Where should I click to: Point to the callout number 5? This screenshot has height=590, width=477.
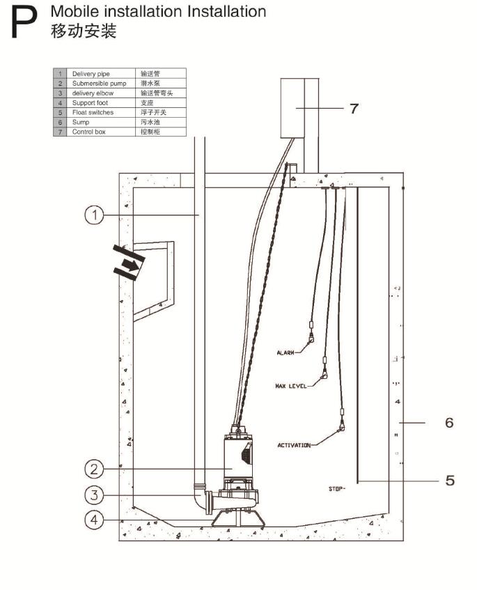450,480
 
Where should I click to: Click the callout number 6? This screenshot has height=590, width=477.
449,422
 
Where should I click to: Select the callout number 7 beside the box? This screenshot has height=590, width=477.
355,108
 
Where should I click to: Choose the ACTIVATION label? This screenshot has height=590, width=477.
294,445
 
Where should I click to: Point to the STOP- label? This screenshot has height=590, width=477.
337,489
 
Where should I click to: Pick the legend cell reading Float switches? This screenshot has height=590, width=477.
93,111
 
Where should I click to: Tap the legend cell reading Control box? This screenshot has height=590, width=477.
88,131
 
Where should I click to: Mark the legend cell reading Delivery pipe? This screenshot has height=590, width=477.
88,72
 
